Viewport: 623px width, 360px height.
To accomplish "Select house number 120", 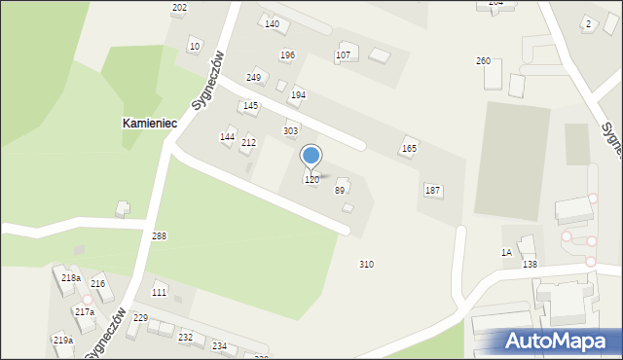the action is coord(311,180).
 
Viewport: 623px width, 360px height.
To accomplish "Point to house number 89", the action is coord(340,191).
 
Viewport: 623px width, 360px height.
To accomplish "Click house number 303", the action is coord(290,130).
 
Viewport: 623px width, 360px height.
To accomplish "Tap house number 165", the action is coord(409,149).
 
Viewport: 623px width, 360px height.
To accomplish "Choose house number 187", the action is coord(432,190).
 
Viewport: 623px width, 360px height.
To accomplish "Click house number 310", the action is coord(366,265).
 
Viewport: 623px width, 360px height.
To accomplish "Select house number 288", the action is coord(159,236).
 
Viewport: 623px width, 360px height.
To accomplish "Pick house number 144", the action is coord(227,137).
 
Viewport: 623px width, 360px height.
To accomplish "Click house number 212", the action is coord(248,143).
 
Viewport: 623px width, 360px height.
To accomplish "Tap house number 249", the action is coord(253,77).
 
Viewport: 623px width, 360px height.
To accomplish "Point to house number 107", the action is coord(343,55).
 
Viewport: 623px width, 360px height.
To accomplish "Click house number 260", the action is coord(483,61).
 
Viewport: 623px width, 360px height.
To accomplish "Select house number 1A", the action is coord(506,253).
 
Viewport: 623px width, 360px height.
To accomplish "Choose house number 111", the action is coord(159,292).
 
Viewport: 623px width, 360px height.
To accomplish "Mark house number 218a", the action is coord(70,278).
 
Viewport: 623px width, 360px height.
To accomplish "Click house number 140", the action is coord(272,23).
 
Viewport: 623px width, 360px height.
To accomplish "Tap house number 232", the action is coord(185,338).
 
